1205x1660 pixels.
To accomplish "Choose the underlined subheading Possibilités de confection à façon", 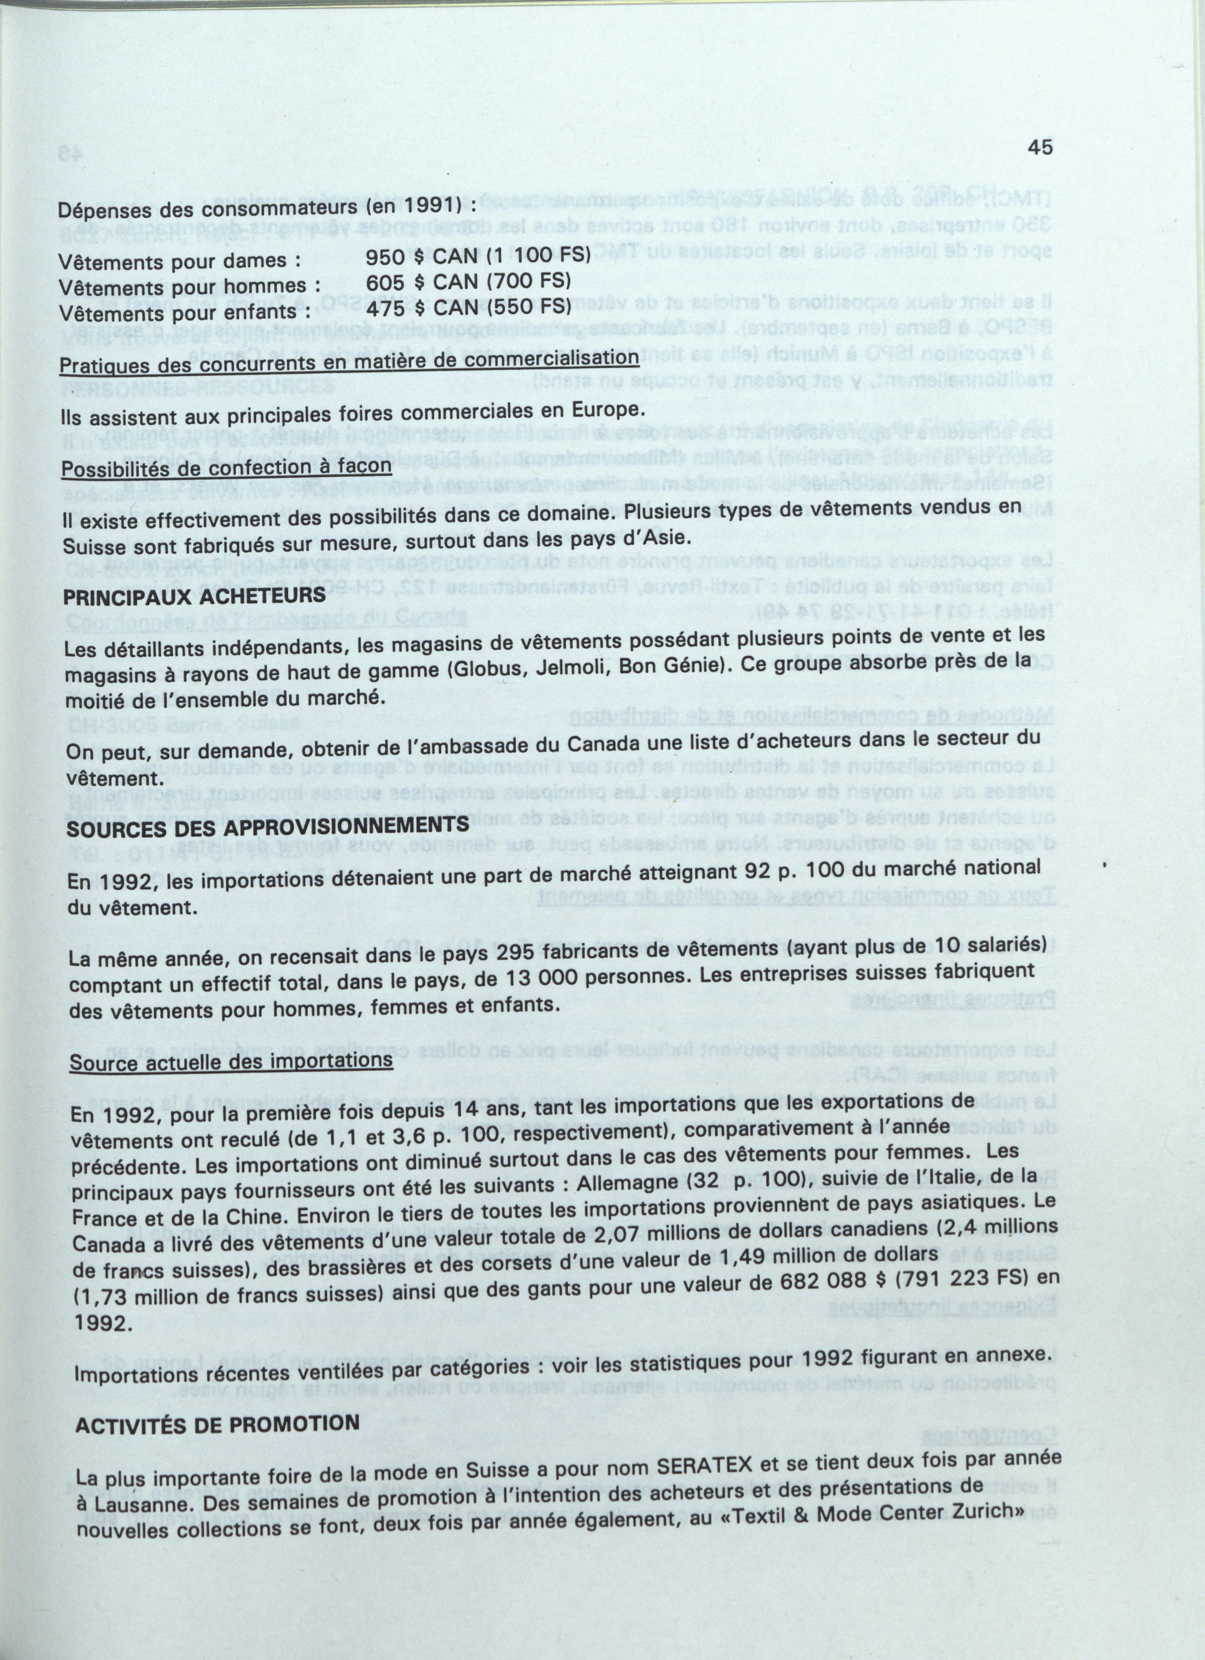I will tap(226, 466).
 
